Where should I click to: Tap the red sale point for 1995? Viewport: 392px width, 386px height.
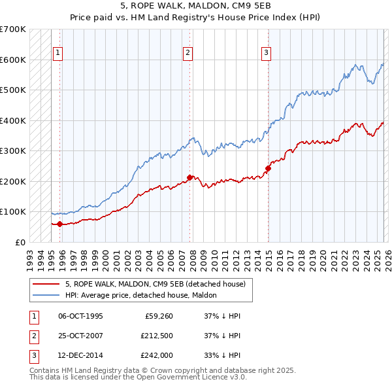(x=60, y=224)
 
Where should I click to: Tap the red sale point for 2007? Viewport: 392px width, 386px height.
(x=190, y=177)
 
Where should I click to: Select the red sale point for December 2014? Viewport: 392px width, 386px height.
(x=268, y=168)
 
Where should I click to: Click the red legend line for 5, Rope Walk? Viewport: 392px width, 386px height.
(x=46, y=284)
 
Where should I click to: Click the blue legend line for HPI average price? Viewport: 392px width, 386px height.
(x=46, y=295)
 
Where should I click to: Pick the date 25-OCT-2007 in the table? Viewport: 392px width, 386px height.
(x=80, y=336)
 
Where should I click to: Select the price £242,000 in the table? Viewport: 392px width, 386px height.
(x=156, y=355)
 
